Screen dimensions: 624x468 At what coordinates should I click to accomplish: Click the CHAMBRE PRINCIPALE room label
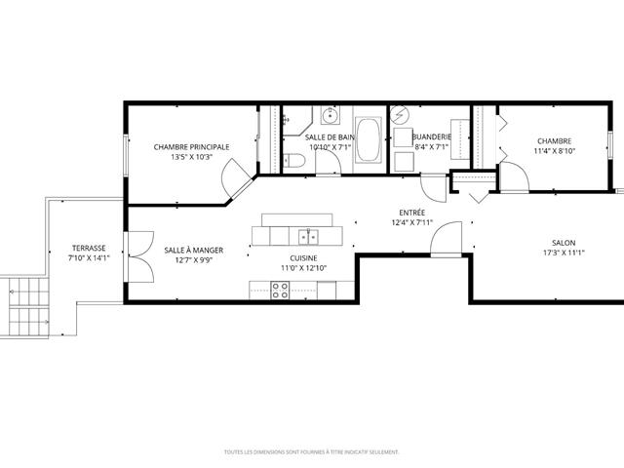coord(191,147)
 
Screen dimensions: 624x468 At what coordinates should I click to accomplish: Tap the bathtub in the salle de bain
coord(369,139)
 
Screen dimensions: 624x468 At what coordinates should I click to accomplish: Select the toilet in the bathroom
coord(294,161)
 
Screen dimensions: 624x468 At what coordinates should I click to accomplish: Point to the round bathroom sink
coord(331,115)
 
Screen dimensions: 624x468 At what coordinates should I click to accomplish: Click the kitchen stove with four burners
coord(280,291)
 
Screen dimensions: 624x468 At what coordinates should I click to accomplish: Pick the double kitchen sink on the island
coord(308,237)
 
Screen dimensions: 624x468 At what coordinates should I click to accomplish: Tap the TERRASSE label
coord(89,249)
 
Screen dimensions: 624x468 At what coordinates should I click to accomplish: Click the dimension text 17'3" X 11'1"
coord(564,253)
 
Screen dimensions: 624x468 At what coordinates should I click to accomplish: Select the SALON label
coord(564,243)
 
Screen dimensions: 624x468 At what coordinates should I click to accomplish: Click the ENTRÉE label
coord(411,213)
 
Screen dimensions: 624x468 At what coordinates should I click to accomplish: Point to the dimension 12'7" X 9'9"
coord(194,260)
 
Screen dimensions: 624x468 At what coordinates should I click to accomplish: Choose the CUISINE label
coord(303,258)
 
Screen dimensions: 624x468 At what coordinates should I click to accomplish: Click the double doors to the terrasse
coord(138,256)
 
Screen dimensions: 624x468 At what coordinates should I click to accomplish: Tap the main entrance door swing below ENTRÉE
coord(446,238)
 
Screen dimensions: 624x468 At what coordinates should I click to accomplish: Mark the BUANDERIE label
coord(432,136)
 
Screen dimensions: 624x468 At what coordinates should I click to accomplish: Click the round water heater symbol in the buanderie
coord(400,115)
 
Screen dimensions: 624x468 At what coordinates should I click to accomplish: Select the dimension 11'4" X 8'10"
coord(555,151)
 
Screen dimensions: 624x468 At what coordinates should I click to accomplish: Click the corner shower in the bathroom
coord(296,121)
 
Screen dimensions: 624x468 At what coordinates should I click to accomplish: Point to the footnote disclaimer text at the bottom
coord(312,452)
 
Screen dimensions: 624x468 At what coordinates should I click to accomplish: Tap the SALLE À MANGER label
coord(194,251)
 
